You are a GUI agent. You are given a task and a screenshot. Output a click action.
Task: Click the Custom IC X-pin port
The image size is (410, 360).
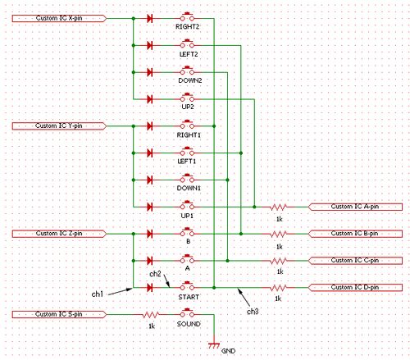click(x=59, y=18)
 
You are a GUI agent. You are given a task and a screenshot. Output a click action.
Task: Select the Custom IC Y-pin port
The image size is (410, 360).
click(x=59, y=126)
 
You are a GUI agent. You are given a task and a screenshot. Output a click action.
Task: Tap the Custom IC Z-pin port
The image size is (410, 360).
click(x=59, y=234)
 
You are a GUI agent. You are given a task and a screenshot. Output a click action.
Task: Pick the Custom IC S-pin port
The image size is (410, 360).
click(x=59, y=314)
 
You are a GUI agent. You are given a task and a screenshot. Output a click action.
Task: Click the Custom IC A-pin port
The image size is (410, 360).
click(x=355, y=207)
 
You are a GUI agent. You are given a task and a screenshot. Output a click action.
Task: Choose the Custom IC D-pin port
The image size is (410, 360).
click(x=355, y=288)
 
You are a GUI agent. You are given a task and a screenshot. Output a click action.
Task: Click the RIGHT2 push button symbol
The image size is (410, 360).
click(x=187, y=17)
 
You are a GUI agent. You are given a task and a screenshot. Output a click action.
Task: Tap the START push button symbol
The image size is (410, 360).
click(x=187, y=286)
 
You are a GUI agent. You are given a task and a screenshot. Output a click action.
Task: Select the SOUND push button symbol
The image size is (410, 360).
click(x=187, y=313)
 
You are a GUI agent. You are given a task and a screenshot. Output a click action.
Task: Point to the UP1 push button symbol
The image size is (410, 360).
click(x=187, y=206)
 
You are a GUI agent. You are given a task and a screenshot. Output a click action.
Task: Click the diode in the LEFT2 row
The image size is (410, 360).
click(x=149, y=45)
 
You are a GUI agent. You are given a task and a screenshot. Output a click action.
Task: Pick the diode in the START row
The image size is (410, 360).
click(x=149, y=288)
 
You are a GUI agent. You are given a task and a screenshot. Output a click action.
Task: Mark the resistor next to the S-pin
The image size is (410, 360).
click(x=150, y=315)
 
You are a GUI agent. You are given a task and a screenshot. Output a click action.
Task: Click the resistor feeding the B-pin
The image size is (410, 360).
click(x=278, y=234)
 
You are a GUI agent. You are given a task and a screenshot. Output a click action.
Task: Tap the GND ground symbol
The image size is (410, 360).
click(x=214, y=345)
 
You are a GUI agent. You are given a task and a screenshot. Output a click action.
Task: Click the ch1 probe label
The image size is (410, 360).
click(x=98, y=294)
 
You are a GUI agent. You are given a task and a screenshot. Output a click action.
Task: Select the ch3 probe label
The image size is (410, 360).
click(x=253, y=312)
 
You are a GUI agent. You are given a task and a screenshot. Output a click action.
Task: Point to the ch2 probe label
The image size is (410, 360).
click(x=155, y=274)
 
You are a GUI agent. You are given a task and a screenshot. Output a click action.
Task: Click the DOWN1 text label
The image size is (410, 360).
click(x=189, y=188)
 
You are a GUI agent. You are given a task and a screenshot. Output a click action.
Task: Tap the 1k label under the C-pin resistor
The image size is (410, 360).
click(x=280, y=271)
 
